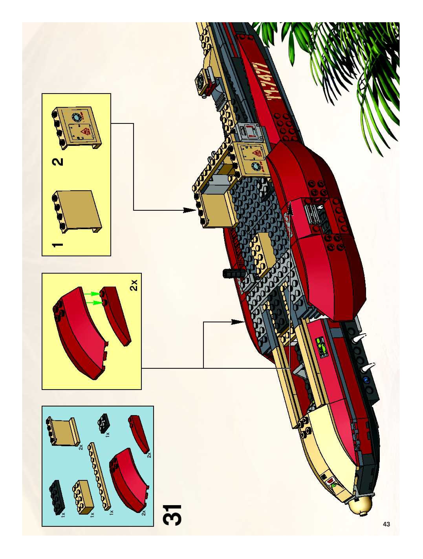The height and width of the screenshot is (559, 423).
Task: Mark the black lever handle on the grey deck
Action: [x=234, y=273]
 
